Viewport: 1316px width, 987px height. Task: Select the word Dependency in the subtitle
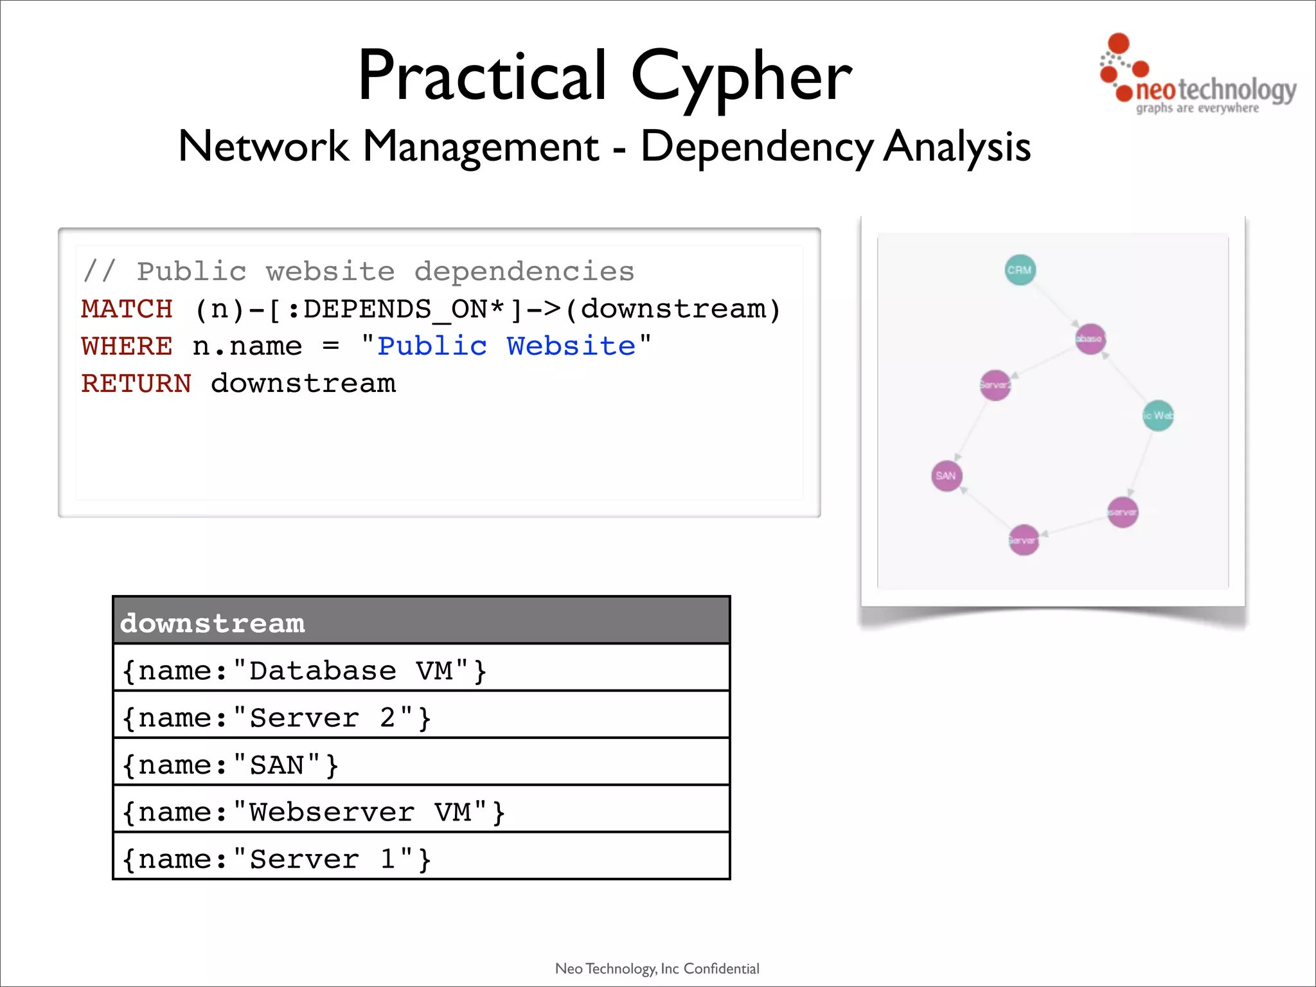tap(756, 147)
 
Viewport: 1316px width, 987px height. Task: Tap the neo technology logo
tap(1196, 76)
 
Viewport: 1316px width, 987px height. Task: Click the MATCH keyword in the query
tap(127, 309)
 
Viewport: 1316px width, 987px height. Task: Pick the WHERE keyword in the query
tap(127, 346)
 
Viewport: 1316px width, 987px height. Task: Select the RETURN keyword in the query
tap(136, 384)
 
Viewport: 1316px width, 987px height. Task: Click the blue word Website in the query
tap(571, 346)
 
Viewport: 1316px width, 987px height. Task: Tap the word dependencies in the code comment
tap(524, 272)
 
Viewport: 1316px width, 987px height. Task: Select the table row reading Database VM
tap(421, 670)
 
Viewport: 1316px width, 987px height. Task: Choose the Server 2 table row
tap(421, 716)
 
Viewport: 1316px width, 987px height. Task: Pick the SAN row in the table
tap(421, 764)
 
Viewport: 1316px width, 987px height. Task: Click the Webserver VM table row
tap(421, 811)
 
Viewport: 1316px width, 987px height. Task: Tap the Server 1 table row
tap(421, 858)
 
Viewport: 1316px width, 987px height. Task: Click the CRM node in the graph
tap(1020, 270)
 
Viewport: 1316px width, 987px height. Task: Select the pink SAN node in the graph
tap(946, 476)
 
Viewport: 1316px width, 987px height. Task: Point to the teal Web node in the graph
tap(1158, 415)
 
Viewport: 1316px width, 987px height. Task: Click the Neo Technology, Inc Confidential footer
tap(657, 968)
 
